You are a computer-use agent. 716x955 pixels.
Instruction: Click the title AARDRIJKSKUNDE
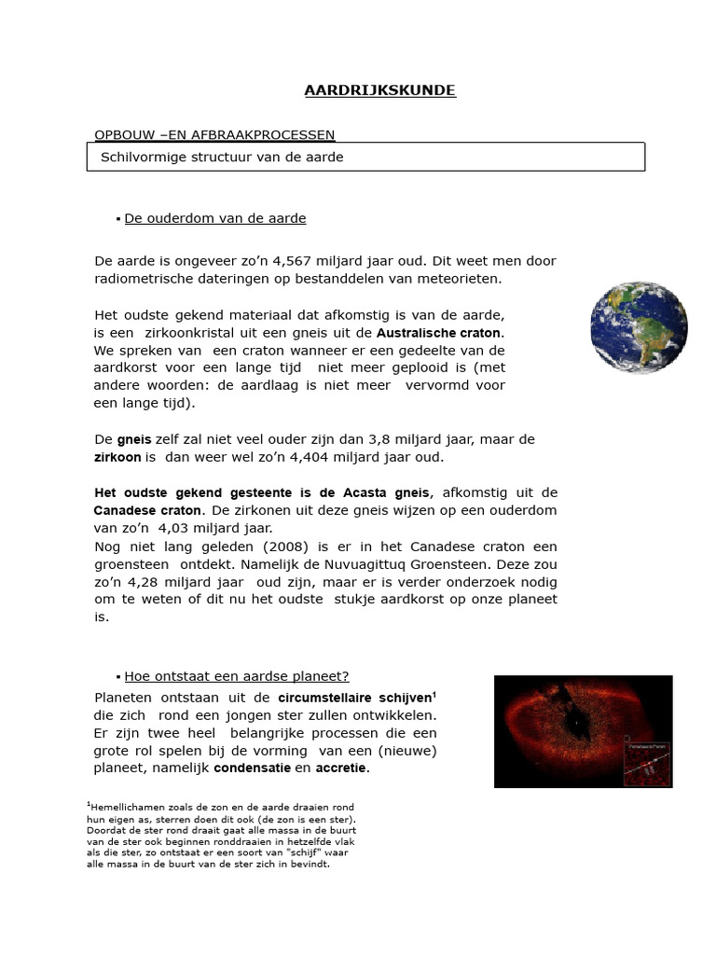click(379, 90)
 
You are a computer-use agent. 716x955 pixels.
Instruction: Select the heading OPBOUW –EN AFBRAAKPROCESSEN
click(214, 135)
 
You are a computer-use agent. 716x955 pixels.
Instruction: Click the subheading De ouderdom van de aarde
click(214, 218)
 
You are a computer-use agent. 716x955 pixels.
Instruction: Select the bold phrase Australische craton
click(439, 333)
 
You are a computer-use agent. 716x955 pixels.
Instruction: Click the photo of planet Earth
click(639, 327)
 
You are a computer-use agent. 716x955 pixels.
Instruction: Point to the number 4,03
click(179, 528)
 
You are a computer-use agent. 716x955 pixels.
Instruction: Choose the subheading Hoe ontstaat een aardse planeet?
click(237, 676)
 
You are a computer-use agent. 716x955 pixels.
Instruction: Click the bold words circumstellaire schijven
click(356, 698)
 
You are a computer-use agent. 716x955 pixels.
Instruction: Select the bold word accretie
click(341, 768)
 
